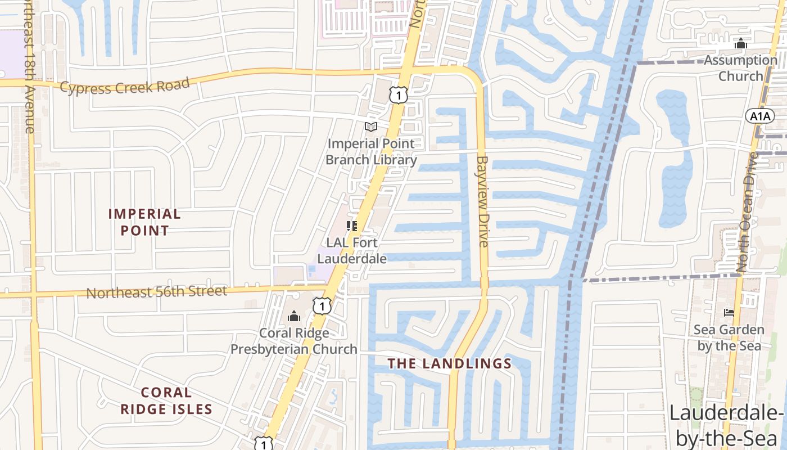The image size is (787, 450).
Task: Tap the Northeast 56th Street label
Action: [x=156, y=292]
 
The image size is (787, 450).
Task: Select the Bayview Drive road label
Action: [x=482, y=201]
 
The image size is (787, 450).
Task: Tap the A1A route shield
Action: [x=760, y=116]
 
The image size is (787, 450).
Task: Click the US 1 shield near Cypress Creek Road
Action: [x=398, y=94]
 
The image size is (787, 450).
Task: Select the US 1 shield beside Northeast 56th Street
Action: [x=322, y=305]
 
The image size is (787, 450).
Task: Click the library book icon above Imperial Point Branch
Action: [x=370, y=127]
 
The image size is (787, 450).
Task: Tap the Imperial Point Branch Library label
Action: [x=372, y=152]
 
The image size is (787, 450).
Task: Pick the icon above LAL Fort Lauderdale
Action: [x=352, y=226]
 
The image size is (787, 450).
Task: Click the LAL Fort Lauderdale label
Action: [x=352, y=251]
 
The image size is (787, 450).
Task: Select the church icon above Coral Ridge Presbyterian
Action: [x=294, y=317]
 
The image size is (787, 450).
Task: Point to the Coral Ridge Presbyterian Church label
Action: [x=294, y=341]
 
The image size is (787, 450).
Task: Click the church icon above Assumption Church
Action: [x=741, y=43]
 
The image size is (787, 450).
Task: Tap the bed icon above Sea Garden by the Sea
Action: [x=729, y=313]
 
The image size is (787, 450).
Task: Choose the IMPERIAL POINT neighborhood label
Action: [x=144, y=222]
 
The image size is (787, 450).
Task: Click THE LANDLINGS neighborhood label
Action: [x=450, y=363]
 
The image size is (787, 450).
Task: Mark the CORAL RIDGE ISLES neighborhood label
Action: [x=166, y=400]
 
